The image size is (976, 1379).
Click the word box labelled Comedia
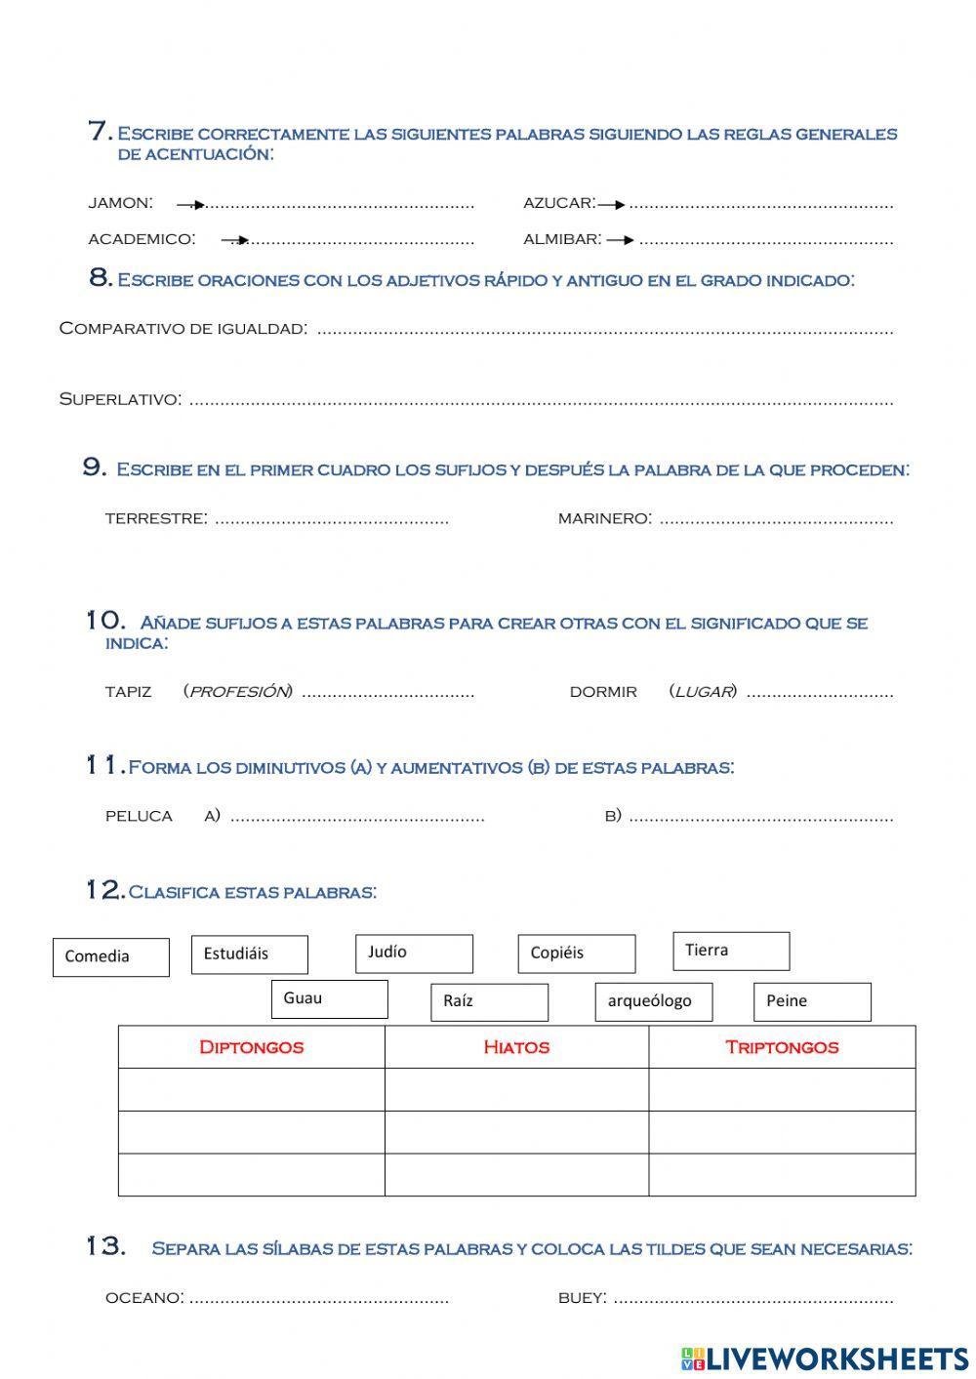(x=110, y=956)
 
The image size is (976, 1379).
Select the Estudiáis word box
(x=249, y=954)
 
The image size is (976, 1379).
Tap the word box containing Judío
(x=414, y=953)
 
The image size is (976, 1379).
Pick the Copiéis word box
(x=576, y=953)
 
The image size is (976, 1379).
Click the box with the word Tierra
(x=731, y=951)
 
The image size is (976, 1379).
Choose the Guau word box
(x=329, y=998)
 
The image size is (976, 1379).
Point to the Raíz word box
(x=489, y=1001)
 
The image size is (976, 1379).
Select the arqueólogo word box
(x=653, y=1001)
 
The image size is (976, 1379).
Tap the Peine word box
(x=812, y=1001)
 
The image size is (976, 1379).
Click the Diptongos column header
(x=251, y=1047)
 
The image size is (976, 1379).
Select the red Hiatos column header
(x=516, y=1047)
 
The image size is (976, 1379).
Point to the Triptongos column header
(x=782, y=1047)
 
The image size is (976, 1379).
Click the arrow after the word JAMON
(x=191, y=205)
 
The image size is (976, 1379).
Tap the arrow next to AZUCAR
(x=612, y=205)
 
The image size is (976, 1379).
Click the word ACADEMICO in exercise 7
(x=142, y=239)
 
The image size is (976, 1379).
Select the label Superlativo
(x=119, y=399)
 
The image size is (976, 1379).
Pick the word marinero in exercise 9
(x=604, y=518)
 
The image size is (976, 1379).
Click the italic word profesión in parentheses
(x=238, y=692)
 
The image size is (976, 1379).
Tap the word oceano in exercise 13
(x=144, y=1298)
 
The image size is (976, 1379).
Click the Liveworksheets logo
(x=825, y=1358)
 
